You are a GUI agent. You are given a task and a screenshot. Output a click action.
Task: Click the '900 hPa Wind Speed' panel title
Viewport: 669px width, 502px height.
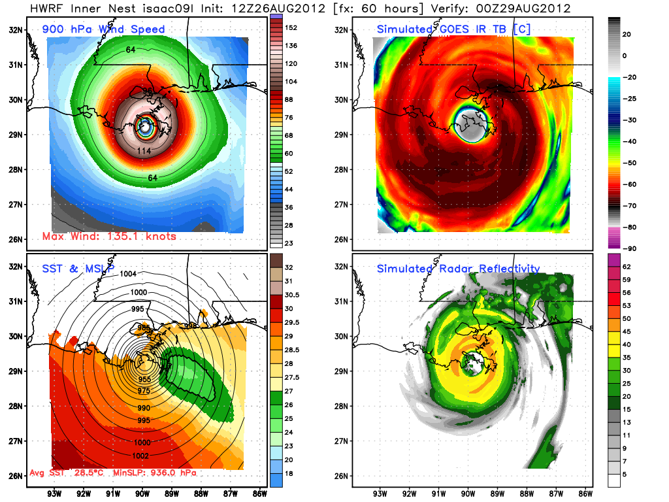(104, 29)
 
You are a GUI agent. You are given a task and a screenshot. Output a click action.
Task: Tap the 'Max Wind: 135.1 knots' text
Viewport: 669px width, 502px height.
(109, 236)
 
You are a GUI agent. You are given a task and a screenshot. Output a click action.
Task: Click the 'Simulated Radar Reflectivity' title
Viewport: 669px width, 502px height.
(458, 269)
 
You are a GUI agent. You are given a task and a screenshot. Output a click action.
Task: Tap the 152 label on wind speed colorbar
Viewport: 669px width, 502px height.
(291, 27)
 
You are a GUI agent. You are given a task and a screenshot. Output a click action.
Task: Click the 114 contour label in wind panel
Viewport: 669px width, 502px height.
(144, 152)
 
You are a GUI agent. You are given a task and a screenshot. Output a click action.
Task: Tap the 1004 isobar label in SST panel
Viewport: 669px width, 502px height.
(128, 274)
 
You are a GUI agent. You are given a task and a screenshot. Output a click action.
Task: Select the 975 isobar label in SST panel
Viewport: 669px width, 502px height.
(144, 391)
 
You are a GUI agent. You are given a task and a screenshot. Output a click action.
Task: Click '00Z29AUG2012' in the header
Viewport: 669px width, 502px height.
(534, 8)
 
